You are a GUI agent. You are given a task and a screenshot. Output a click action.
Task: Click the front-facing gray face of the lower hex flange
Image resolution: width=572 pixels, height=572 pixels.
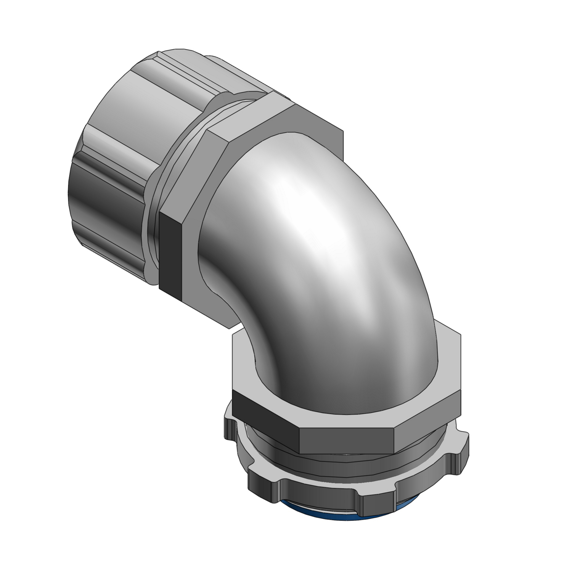pyautogui.click(x=347, y=439)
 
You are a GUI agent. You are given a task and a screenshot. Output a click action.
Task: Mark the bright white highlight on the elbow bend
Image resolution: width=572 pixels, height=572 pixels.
pyautogui.click(x=305, y=202)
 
